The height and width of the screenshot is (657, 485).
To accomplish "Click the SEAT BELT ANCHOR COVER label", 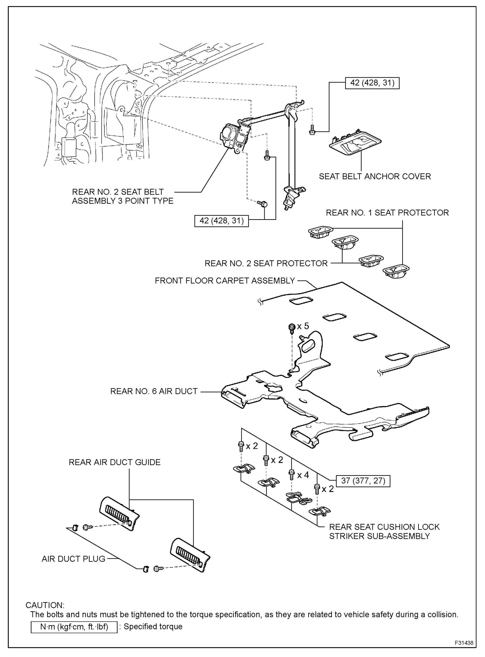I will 375,177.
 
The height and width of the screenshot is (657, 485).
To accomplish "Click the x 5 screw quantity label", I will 303,326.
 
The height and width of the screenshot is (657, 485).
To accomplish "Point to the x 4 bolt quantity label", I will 303,475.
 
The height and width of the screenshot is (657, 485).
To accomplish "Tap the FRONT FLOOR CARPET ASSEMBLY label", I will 225,281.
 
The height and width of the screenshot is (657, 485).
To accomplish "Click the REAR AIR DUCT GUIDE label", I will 115,462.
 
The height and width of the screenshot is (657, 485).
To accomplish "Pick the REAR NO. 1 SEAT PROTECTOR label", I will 387,213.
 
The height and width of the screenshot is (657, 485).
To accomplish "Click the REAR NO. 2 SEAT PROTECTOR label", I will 266,263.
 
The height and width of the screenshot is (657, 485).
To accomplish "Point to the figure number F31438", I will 464,643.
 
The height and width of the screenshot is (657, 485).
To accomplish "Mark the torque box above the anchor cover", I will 372,83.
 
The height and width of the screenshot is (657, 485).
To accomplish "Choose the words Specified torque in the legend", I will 153,627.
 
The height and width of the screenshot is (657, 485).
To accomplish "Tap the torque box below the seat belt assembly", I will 221,221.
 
